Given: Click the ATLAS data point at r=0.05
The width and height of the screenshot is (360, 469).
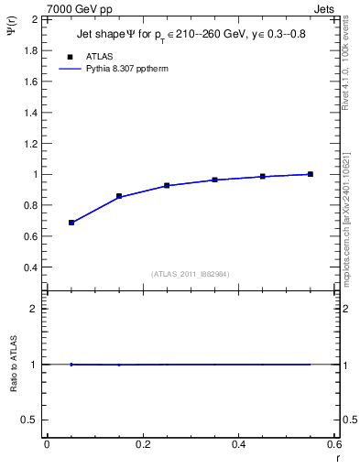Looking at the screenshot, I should (x=71, y=223).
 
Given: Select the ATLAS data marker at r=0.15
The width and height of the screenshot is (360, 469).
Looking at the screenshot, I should (x=119, y=196).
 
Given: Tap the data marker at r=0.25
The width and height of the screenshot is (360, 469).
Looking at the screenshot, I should (x=167, y=185).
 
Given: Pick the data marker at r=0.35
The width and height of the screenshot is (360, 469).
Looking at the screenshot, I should (x=214, y=180).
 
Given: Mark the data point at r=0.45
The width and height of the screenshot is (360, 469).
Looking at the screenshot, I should (x=262, y=176).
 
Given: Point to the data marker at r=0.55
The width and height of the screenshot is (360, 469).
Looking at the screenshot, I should (x=310, y=174).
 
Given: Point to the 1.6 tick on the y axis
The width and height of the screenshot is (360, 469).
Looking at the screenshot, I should (x=29, y=81).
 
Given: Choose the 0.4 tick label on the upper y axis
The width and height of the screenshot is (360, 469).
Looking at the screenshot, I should (x=29, y=267).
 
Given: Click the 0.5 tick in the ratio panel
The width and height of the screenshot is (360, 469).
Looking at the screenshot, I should (x=29, y=420).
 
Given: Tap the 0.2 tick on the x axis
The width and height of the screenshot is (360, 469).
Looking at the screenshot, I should (x=142, y=444).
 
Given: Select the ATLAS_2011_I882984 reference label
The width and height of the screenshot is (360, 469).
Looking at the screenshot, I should (x=191, y=274).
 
